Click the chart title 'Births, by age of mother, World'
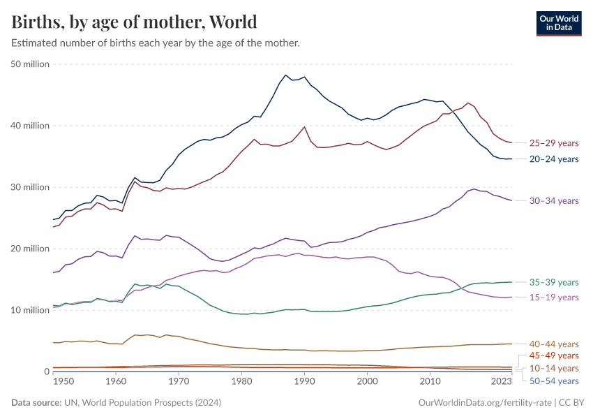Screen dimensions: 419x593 point(134,22)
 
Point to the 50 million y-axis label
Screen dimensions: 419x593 point(30,64)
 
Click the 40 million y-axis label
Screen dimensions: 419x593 point(30,126)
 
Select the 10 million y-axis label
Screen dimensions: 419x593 point(30,310)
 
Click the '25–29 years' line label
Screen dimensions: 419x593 point(554,143)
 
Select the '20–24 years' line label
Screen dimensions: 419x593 point(554,159)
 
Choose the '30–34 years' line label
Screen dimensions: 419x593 point(554,201)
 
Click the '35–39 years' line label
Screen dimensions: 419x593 point(554,283)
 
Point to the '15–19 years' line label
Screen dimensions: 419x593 point(554,297)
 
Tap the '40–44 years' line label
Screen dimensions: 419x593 point(554,344)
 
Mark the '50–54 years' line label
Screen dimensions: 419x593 point(554,381)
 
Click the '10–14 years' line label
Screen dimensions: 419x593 point(554,368)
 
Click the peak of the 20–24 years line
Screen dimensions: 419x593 point(285,75)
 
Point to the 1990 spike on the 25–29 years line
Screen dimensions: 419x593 point(304,127)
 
